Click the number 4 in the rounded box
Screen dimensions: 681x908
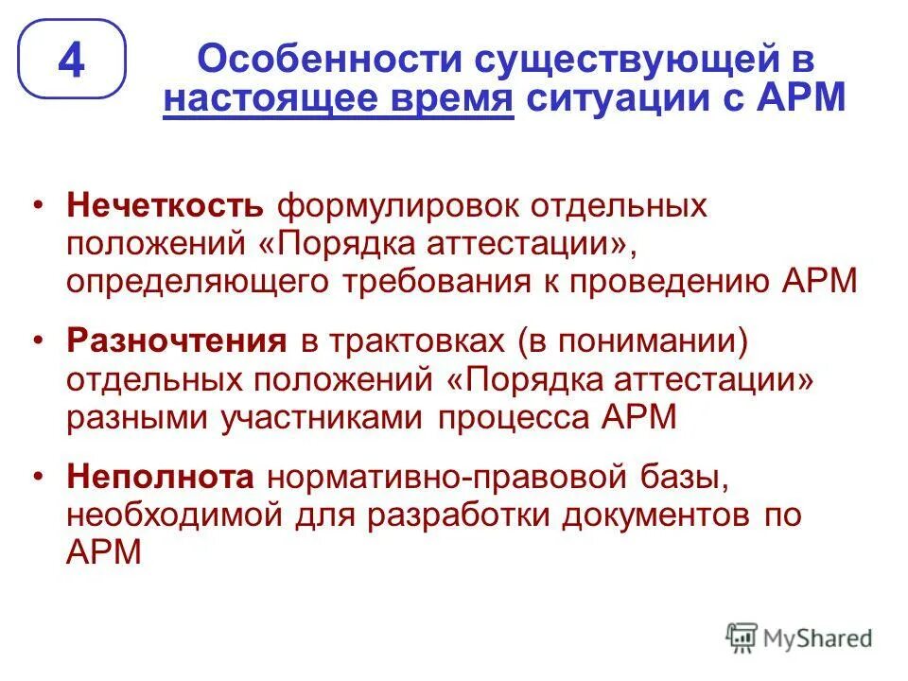pyautogui.click(x=72, y=61)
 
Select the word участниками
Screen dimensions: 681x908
pyautogui.click(x=323, y=417)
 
